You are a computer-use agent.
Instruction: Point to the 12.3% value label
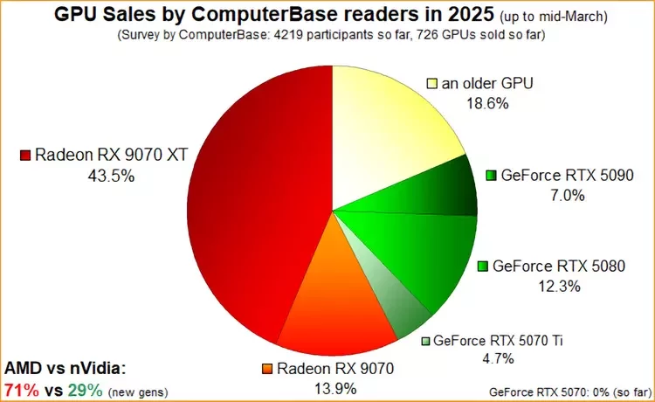[x=559, y=285]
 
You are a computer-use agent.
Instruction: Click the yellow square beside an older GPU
[x=431, y=84]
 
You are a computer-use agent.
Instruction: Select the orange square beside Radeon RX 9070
[x=268, y=368]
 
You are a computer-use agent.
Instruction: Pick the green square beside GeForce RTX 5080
[x=483, y=266]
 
